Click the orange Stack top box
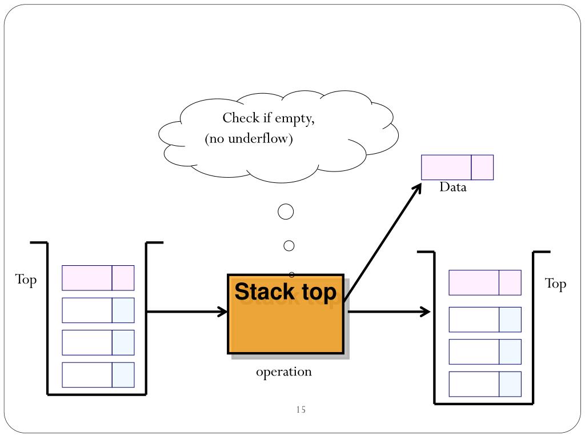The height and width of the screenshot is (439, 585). point(286,314)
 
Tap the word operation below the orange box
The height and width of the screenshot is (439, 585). point(283,372)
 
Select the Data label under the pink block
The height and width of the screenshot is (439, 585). point(453,187)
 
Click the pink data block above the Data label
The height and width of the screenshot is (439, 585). point(458,167)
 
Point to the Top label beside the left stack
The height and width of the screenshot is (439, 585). point(26,280)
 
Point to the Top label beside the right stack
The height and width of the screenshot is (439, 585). point(555,284)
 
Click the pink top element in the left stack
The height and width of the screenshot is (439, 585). point(98,278)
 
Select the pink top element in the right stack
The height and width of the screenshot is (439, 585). point(485,282)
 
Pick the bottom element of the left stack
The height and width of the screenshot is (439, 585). point(98,375)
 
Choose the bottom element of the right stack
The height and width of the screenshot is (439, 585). point(485,384)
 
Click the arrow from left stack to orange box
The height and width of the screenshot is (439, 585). point(187,312)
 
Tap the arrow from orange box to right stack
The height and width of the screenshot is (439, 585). point(388,312)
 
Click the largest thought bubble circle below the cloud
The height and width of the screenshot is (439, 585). point(286,211)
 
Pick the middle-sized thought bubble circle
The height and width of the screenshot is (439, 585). point(289,246)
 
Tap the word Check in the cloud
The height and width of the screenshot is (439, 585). point(241,118)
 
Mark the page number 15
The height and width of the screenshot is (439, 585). point(301,409)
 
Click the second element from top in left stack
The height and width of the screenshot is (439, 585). point(98,310)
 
